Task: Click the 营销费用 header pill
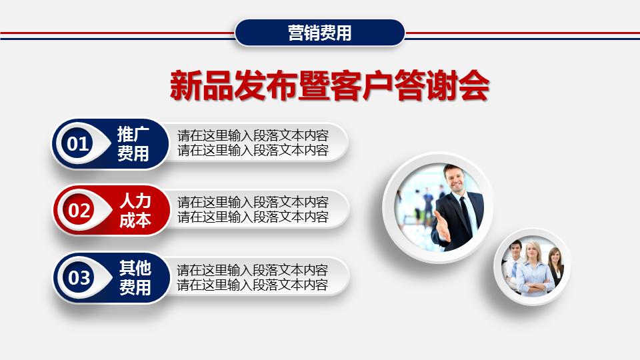(x=320, y=33)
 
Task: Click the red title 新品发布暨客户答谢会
(x=329, y=87)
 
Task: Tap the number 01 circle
(x=78, y=144)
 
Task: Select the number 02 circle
(x=79, y=211)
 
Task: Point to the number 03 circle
(x=79, y=277)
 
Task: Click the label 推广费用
(x=133, y=144)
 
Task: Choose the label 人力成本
(x=135, y=211)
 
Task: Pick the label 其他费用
(x=135, y=278)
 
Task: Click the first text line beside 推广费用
(x=253, y=135)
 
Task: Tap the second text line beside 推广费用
(x=253, y=150)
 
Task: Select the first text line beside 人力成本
(x=253, y=202)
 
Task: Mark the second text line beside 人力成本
(x=253, y=217)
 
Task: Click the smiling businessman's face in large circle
(x=455, y=179)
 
